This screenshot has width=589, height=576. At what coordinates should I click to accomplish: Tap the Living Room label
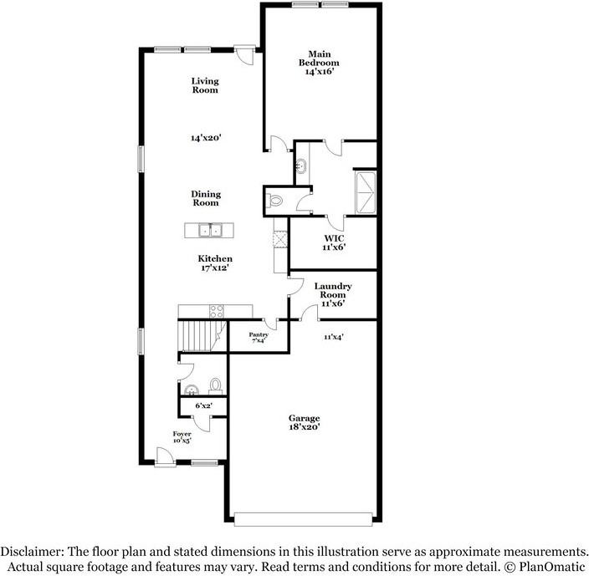(205, 85)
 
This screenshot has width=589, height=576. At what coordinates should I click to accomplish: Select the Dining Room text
(205, 197)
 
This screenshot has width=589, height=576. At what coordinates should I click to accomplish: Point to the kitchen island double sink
(209, 230)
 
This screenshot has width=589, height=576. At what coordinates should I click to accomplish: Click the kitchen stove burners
(216, 311)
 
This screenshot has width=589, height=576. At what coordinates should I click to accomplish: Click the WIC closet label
(332, 242)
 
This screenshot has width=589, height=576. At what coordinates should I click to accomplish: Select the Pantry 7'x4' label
(259, 337)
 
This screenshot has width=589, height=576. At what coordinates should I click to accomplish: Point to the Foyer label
(182, 438)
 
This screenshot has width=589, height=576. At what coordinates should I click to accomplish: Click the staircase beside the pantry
(199, 335)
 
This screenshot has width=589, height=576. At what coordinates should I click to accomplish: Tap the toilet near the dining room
(275, 200)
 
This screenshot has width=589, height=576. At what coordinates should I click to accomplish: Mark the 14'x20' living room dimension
(205, 138)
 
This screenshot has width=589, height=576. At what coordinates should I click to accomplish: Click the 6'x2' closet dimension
(202, 405)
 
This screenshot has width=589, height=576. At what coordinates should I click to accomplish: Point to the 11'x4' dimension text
(335, 337)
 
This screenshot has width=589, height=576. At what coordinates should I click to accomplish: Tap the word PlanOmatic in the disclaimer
(548, 566)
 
